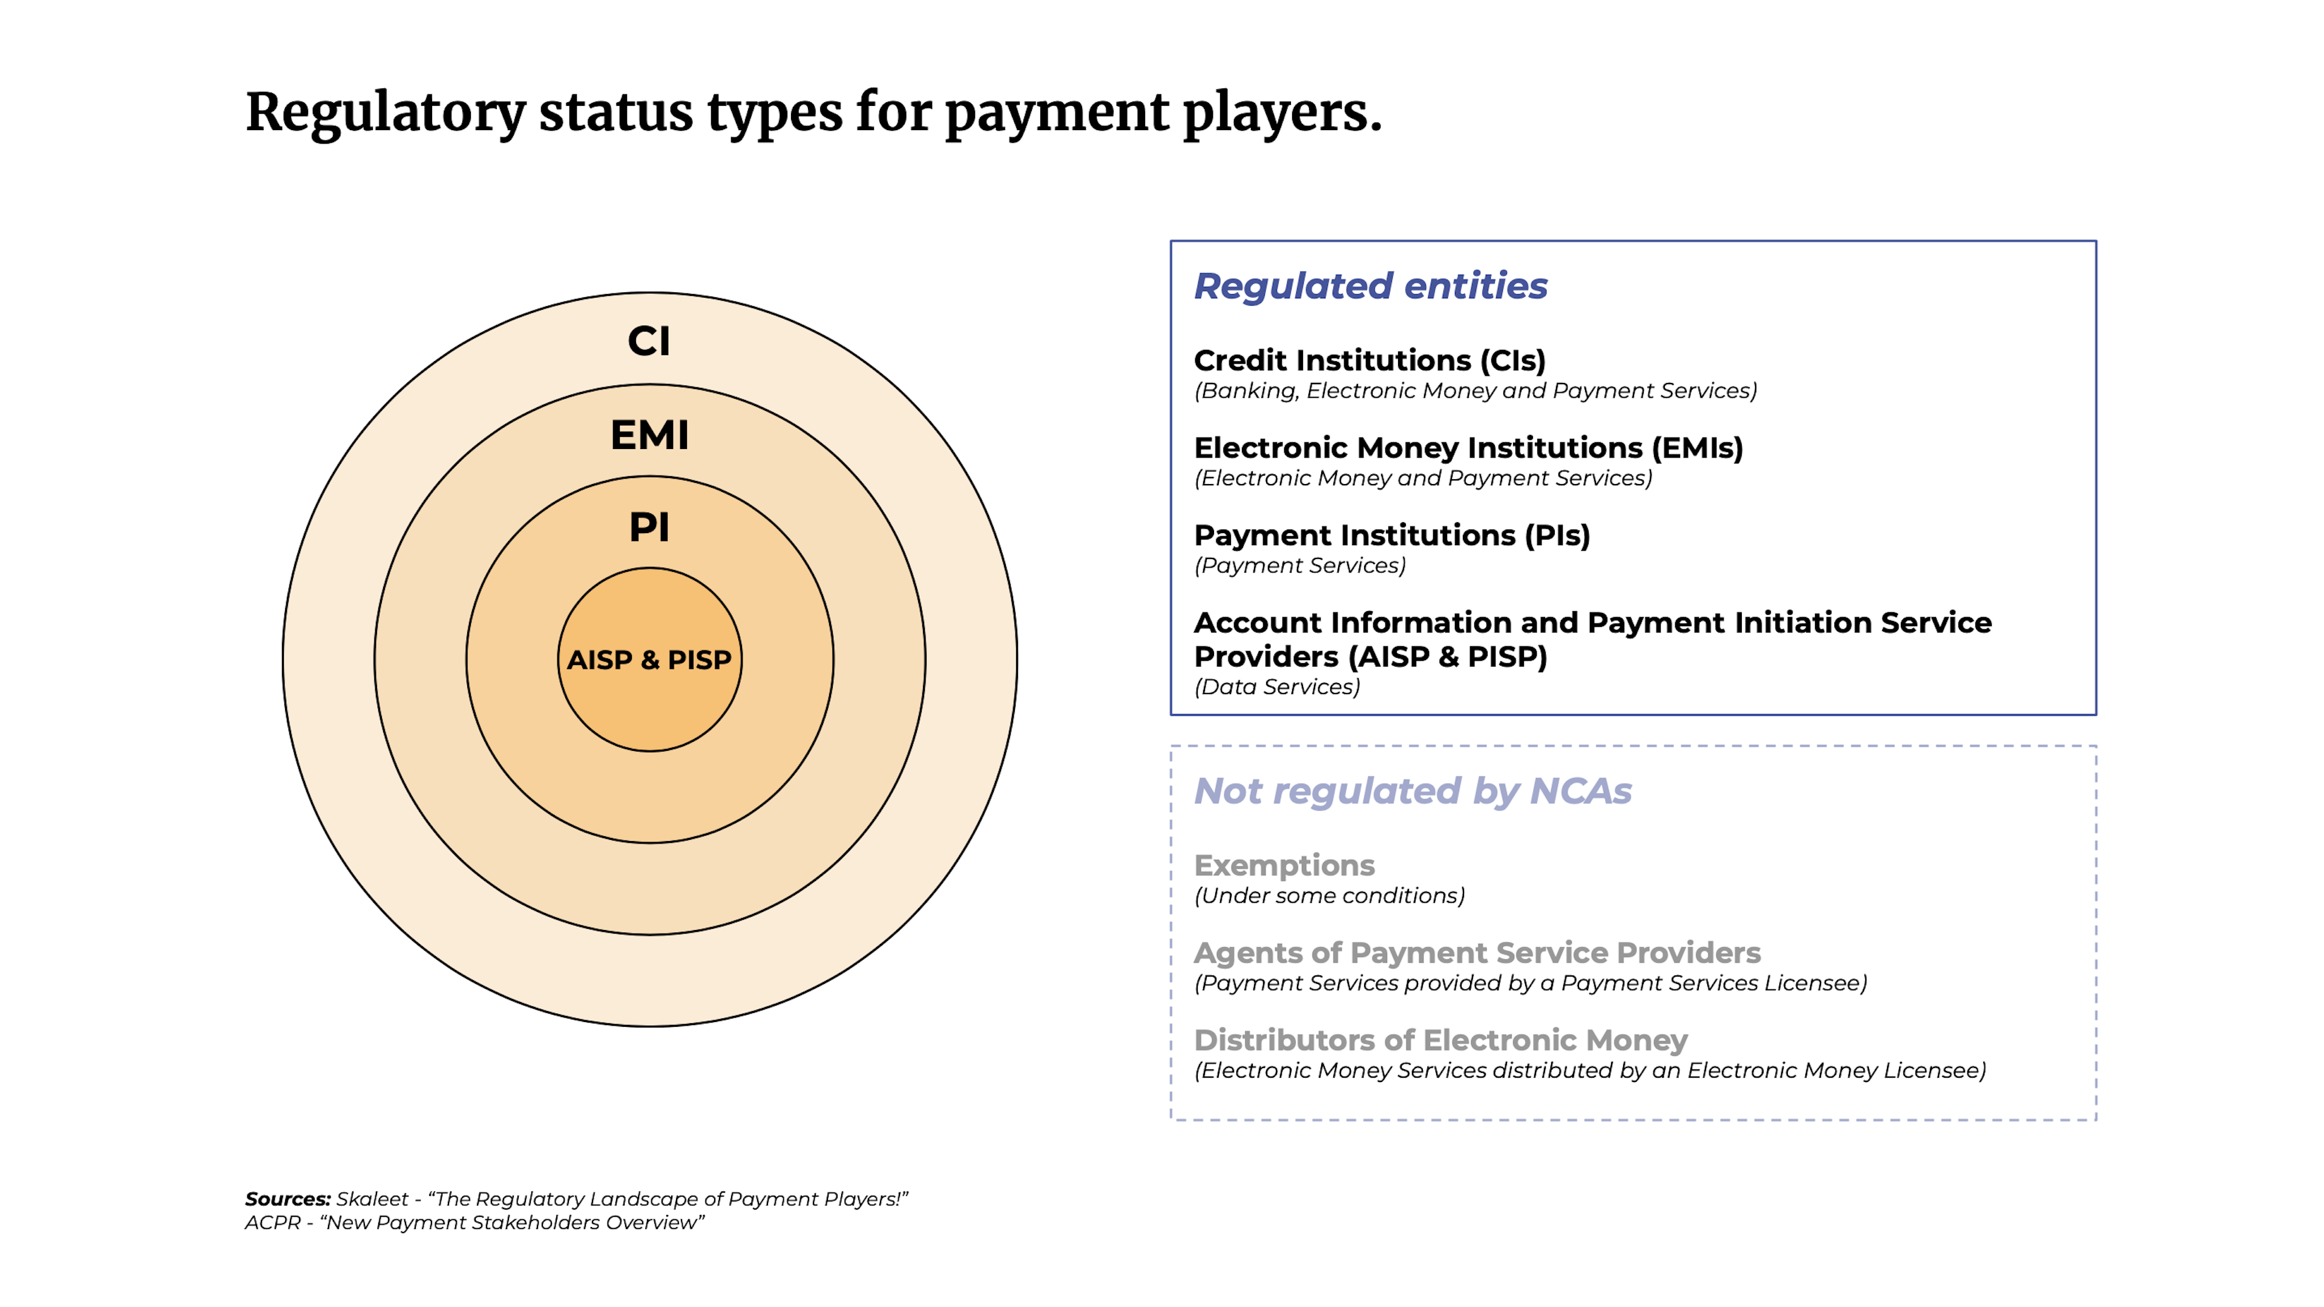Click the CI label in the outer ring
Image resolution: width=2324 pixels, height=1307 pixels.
[649, 341]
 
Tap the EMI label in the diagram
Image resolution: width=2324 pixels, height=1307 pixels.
[649, 435]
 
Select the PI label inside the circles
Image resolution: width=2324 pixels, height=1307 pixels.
[649, 527]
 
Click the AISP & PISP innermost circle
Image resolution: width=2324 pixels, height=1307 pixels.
[649, 660]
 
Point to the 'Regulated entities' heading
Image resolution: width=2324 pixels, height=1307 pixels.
[1370, 286]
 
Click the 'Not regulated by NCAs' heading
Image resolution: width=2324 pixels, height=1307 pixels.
[1413, 791]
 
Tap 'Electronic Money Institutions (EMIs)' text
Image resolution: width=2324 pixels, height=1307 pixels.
[1468, 448]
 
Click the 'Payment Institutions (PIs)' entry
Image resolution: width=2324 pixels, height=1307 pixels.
[1391, 536]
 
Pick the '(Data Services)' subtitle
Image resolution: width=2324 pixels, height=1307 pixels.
[1276, 687]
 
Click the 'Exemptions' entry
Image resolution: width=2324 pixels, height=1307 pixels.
[1284, 866]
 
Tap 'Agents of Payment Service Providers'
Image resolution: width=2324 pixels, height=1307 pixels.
[1477, 954]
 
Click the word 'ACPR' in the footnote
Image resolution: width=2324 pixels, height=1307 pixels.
[272, 1222]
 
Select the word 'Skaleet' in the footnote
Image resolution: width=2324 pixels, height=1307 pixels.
[372, 1199]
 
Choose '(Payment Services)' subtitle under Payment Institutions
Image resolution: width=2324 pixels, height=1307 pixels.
[1300, 566]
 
